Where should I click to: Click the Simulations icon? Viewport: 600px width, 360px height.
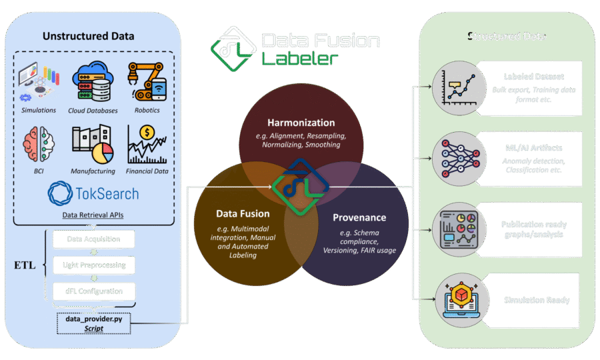coord(39,81)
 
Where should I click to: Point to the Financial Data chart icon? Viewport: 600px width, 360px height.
coord(147,143)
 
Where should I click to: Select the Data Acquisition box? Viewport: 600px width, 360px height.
coord(93,239)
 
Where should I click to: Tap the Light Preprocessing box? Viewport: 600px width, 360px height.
coord(93,265)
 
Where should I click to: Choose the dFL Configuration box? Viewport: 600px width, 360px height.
coord(93,291)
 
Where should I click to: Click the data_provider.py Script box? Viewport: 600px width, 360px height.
coord(93,323)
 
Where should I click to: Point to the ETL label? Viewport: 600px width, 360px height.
coord(25,265)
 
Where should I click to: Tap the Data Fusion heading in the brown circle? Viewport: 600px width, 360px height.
coord(243,213)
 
